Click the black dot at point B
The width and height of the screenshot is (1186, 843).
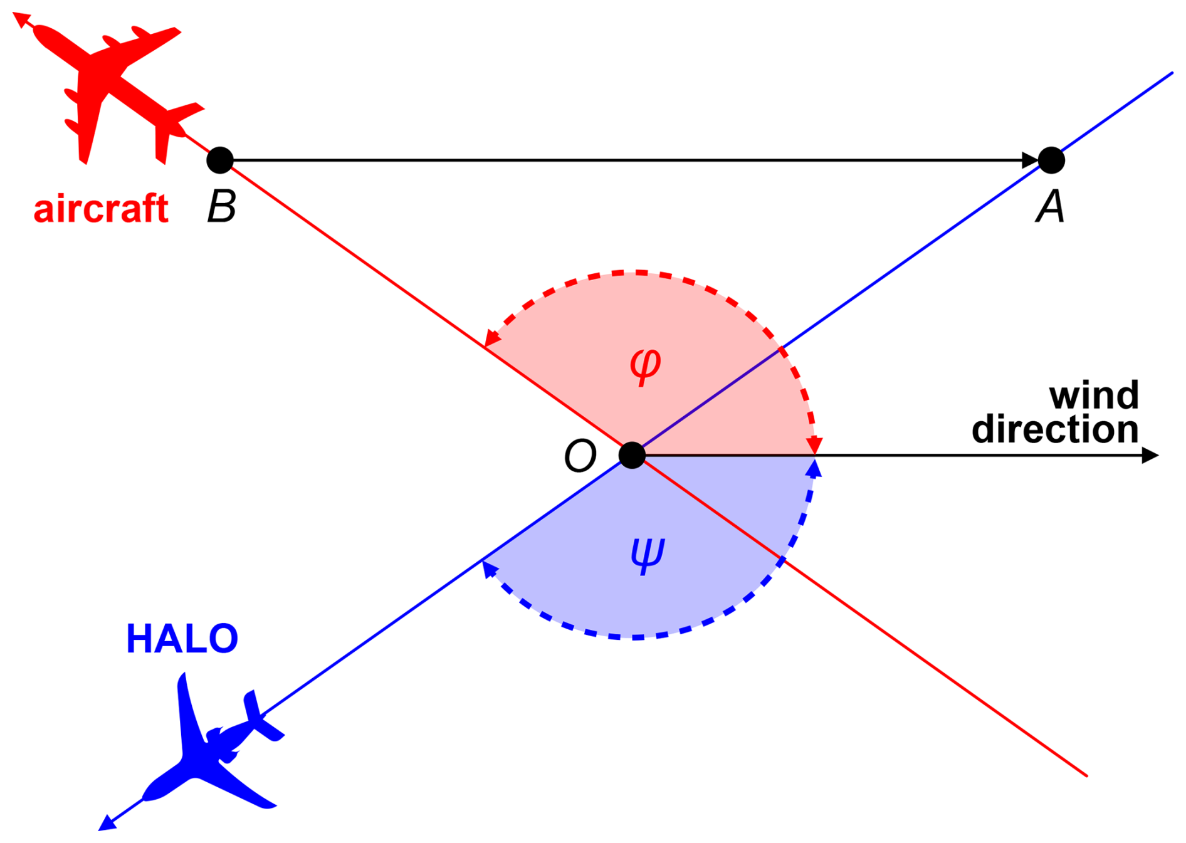pyautogui.click(x=219, y=160)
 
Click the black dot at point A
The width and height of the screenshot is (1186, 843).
pyautogui.click(x=1051, y=160)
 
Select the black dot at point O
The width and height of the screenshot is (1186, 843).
pyautogui.click(x=632, y=455)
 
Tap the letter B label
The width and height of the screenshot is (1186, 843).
pyautogui.click(x=221, y=206)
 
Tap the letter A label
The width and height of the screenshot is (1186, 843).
pyautogui.click(x=1050, y=206)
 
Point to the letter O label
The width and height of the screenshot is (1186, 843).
pyautogui.click(x=580, y=456)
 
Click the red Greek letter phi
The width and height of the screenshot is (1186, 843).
pyautogui.click(x=645, y=366)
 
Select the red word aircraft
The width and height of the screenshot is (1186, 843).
pyautogui.click(x=101, y=208)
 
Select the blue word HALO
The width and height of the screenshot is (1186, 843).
pyautogui.click(x=182, y=639)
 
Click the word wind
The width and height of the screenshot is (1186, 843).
pyautogui.click(x=1094, y=395)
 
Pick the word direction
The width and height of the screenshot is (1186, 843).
pyautogui.click(x=1055, y=429)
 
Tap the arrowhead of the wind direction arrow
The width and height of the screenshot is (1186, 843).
pyautogui.click(x=1150, y=455)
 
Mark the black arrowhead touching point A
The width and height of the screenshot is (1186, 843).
pyautogui.click(x=1030, y=160)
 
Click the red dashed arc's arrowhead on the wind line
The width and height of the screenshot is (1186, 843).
pyautogui.click(x=814, y=446)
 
